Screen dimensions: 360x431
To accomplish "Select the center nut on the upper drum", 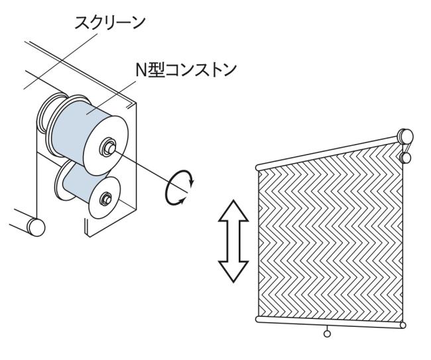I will [x=105, y=147].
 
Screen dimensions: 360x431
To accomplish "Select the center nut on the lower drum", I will [x=105, y=197].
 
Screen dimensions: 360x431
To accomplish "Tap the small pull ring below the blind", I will [x=326, y=334].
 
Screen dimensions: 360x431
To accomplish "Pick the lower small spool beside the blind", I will [x=406, y=158].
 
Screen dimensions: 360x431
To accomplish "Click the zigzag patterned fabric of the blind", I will [x=328, y=239].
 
